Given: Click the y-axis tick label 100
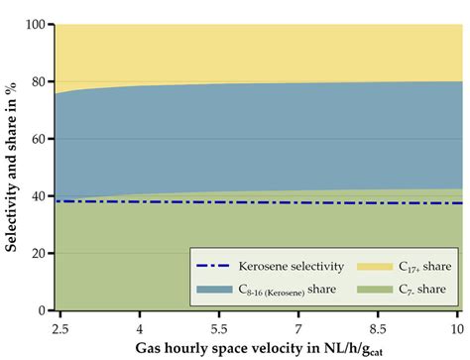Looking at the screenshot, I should pos(36,23).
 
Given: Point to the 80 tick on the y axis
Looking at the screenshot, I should pos(39,80).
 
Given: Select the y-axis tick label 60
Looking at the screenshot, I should pos(39,138).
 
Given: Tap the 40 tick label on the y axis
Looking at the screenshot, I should pos(39,195).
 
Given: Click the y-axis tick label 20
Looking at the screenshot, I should pos(39,253).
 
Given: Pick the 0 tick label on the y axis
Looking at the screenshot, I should pos(43,310).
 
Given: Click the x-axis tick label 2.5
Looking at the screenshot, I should pos(58,326).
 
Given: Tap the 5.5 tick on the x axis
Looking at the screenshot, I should pos(219,326).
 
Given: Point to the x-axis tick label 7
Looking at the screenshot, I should pos(299,326).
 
